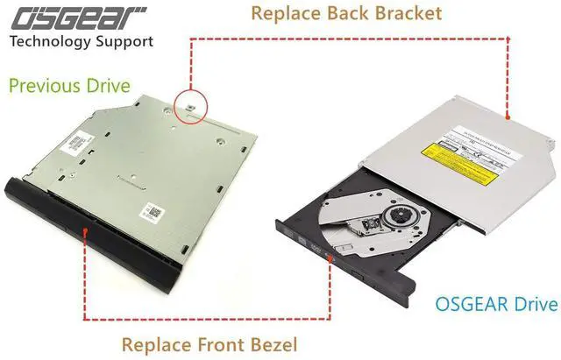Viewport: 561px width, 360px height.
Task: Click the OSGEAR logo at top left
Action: pos(78,15)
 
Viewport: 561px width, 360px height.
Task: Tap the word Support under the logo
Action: pos(124,41)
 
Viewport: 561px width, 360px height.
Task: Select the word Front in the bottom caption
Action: pos(213,344)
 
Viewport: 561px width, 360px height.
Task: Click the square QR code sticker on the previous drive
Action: pos(155,210)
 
